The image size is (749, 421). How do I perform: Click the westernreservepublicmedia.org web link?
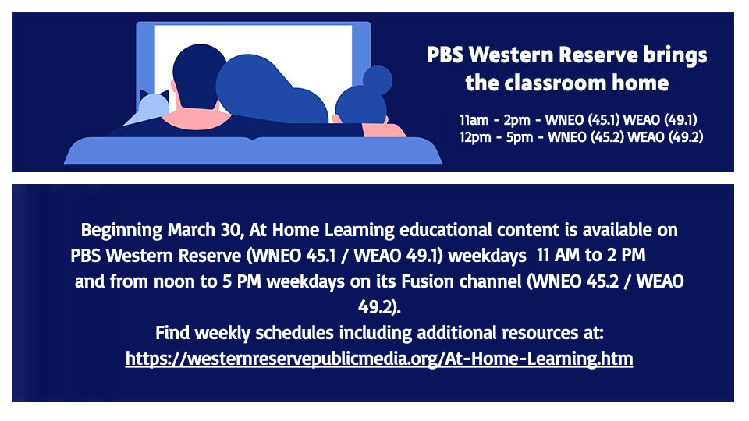tap(379, 359)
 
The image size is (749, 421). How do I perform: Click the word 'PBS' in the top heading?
tap(446, 56)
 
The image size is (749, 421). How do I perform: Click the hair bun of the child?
tap(378, 79)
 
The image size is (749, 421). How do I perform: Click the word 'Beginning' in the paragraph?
tap(119, 231)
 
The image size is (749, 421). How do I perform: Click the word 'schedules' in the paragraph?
tap(289, 334)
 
